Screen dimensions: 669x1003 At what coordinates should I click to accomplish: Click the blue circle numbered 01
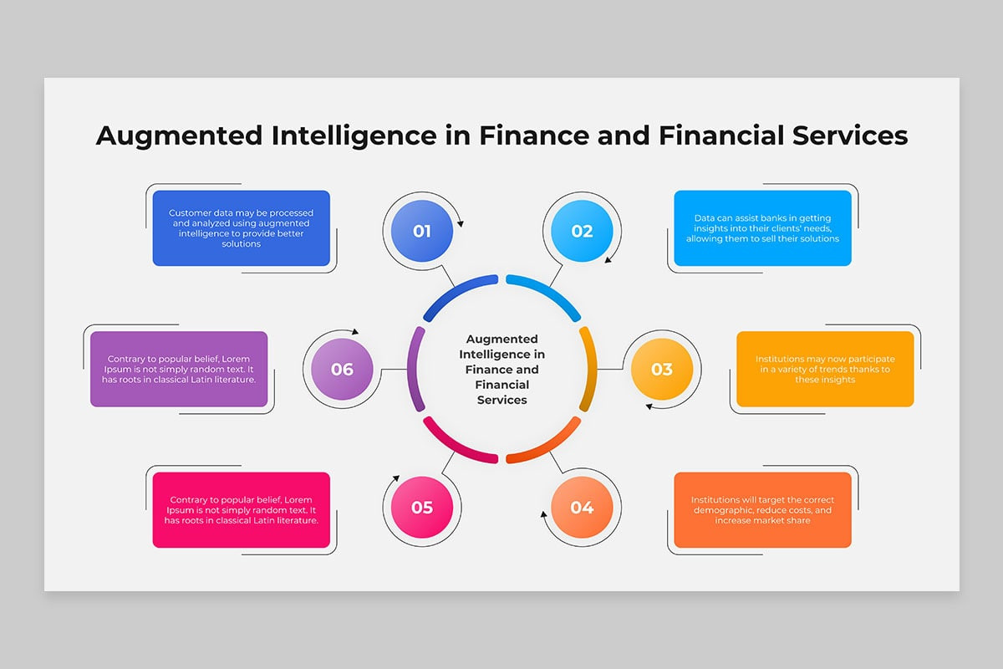pyautogui.click(x=422, y=231)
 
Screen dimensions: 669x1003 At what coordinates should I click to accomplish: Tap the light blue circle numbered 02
pyautogui.click(x=582, y=231)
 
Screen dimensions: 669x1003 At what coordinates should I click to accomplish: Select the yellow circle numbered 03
pyautogui.click(x=661, y=369)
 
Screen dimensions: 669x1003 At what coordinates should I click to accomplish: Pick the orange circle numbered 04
pyautogui.click(x=582, y=507)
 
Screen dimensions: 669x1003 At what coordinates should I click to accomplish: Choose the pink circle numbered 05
pyautogui.click(x=422, y=507)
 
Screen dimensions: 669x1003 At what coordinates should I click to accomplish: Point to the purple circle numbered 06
pyautogui.click(x=342, y=369)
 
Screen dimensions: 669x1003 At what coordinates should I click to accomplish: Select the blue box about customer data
pyautogui.click(x=242, y=228)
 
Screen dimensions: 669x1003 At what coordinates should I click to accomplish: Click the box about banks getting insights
pyautogui.click(x=762, y=228)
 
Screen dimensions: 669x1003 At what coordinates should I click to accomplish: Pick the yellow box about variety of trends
pyautogui.click(x=825, y=369)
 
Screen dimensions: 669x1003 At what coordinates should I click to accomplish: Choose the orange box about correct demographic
pyautogui.click(x=762, y=510)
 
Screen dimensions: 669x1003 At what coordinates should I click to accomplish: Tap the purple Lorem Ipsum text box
pyautogui.click(x=179, y=369)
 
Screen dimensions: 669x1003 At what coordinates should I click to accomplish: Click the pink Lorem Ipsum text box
pyautogui.click(x=242, y=510)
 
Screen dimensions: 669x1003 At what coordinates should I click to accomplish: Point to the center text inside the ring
pyautogui.click(x=501, y=369)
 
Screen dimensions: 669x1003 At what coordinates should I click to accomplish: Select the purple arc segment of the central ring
pyautogui.click(x=415, y=369)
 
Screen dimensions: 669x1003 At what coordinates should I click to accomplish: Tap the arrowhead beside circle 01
pyautogui.click(x=460, y=223)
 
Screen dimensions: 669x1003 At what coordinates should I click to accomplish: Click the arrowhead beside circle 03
pyautogui.click(x=649, y=406)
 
